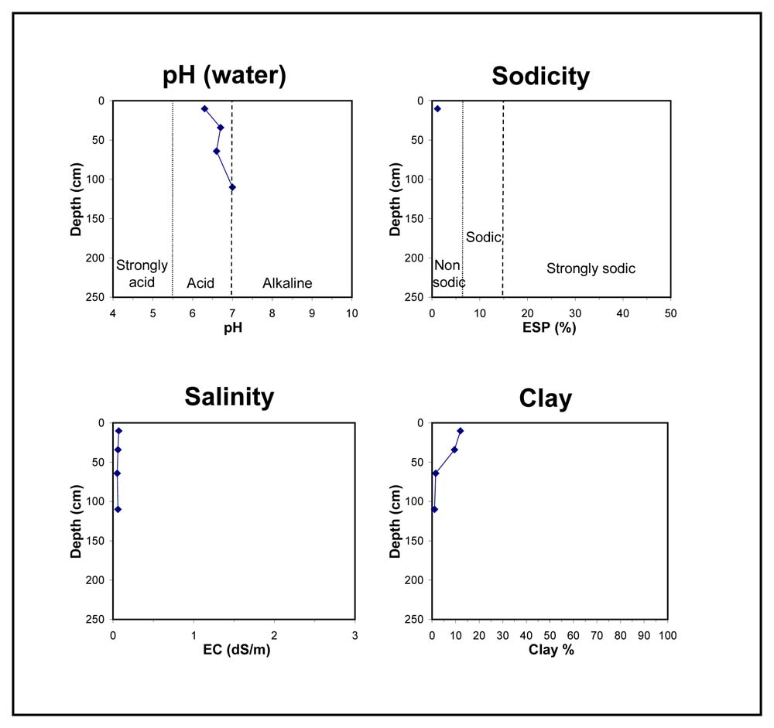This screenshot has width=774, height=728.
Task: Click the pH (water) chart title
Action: [x=224, y=76]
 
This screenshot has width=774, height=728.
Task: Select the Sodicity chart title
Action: [x=540, y=76]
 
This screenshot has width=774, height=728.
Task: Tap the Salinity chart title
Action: [x=229, y=397]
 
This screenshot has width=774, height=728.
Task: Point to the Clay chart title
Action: [x=546, y=398]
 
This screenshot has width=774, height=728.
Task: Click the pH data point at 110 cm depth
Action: [x=232, y=187]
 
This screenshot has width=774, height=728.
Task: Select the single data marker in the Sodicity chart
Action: [x=437, y=108]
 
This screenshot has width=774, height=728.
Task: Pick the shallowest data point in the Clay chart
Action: [x=461, y=431]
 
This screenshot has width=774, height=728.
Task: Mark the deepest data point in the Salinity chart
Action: [x=118, y=509]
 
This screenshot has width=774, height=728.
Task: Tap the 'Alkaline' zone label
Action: [x=287, y=283]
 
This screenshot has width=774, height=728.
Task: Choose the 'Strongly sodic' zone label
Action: [x=591, y=268]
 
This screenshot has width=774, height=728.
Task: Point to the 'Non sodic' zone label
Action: [x=448, y=274]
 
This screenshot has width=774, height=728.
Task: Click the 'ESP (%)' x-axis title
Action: [x=551, y=328]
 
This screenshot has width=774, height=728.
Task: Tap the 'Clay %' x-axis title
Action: [x=551, y=650]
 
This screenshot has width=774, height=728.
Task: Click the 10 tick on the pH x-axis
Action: [x=351, y=313]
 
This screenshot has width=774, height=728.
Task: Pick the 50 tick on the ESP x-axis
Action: [x=670, y=313]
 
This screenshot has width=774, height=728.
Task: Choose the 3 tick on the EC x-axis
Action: [x=355, y=635]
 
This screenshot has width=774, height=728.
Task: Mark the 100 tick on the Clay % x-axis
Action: [x=667, y=635]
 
